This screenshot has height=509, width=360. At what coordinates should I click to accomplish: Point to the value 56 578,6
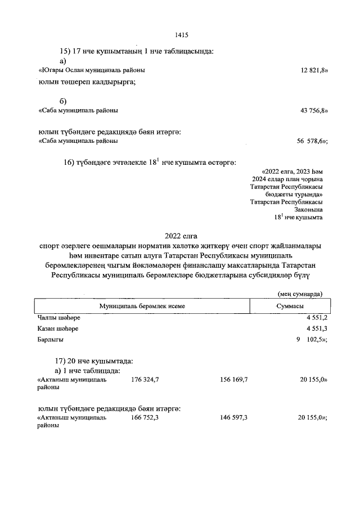pyautogui.click(x=312, y=141)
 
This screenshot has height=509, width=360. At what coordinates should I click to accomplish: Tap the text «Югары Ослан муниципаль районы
pyautogui.click(x=91, y=70)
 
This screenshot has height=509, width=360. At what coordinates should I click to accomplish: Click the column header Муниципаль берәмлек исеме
pyautogui.click(x=142, y=305)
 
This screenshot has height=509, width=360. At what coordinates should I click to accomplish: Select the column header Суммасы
pyautogui.click(x=290, y=305)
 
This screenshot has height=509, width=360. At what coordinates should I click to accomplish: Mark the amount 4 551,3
pyautogui.click(x=317, y=328)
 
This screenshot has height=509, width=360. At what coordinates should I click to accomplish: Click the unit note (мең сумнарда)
pyautogui.click(x=300, y=294)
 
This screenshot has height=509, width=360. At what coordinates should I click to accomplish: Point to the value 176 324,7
pyautogui.click(x=145, y=380)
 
